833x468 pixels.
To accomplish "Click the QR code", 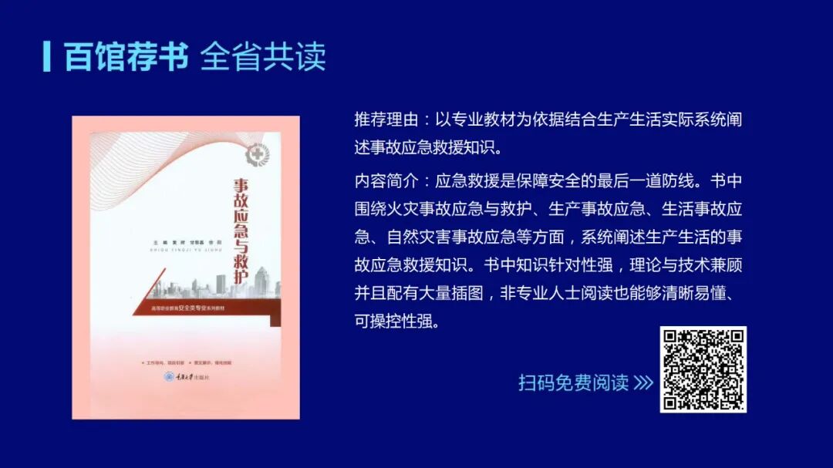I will (x=703, y=369).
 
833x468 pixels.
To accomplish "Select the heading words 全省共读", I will (x=263, y=56).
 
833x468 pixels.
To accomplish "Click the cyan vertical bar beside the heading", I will (x=47, y=56).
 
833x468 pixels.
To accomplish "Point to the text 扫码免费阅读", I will (x=573, y=382).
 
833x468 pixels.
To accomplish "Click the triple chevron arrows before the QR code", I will (x=643, y=382).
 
